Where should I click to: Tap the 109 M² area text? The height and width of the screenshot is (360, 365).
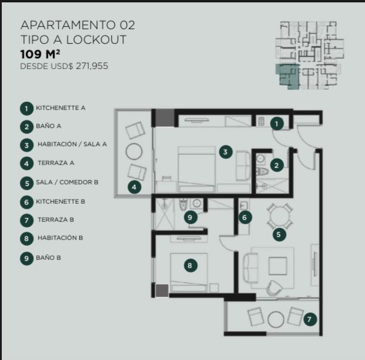(x=40, y=54)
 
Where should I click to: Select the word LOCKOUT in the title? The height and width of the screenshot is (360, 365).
(x=96, y=39)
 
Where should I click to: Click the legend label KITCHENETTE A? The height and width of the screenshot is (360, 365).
(x=60, y=108)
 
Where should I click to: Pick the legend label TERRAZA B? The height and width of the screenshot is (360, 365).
(x=56, y=220)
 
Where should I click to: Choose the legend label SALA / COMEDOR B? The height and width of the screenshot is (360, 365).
(x=67, y=182)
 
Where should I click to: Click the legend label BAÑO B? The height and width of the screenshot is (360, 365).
(x=49, y=258)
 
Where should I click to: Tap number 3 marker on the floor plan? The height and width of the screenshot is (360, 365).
(x=225, y=152)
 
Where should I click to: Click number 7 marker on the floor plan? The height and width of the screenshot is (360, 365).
(x=310, y=319)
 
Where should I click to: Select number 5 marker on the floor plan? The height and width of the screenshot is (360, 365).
(x=280, y=234)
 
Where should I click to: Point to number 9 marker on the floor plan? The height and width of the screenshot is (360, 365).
(x=191, y=217)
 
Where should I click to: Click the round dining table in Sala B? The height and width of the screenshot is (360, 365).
(x=280, y=215)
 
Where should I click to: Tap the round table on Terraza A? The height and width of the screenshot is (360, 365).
(x=134, y=152)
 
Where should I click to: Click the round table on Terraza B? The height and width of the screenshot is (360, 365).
(x=276, y=320)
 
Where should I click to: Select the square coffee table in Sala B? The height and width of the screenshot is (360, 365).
(x=278, y=266)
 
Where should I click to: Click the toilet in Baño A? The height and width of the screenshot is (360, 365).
(x=262, y=172)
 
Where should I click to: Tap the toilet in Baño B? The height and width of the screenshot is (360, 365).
(x=184, y=204)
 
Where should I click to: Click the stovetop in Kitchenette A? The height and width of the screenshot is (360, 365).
(x=261, y=121)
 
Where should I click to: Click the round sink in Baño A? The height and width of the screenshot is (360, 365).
(x=261, y=159)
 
